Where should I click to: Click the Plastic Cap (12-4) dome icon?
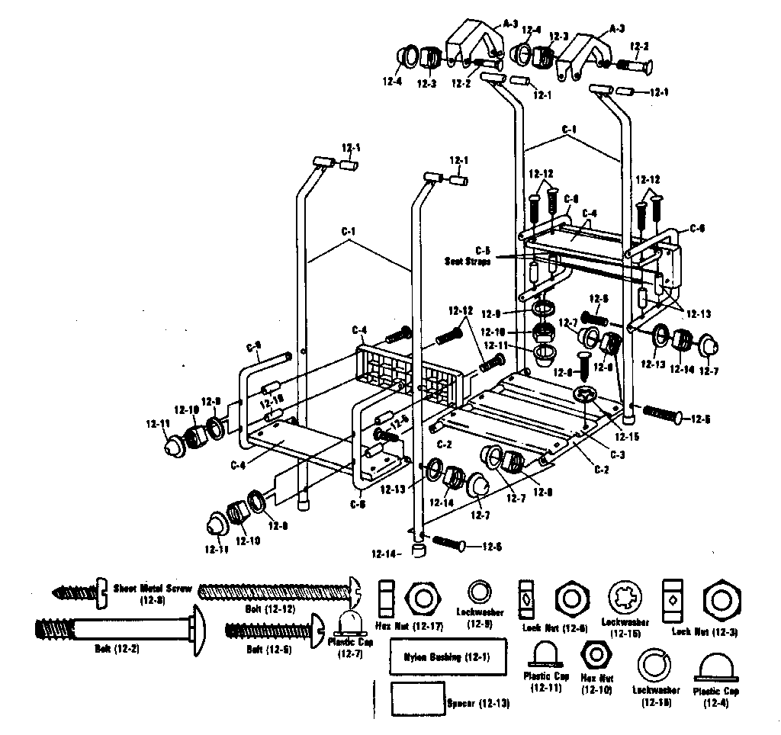point(717,668)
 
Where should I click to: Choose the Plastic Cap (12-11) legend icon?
point(547,654)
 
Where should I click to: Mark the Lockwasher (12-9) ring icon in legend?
point(479,592)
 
